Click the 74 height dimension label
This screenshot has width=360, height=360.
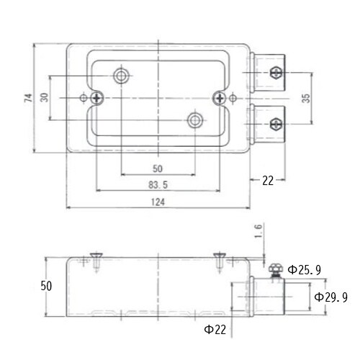click(x=28, y=98)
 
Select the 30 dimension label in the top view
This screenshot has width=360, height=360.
click(x=45, y=97)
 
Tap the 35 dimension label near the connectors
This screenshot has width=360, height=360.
click(x=306, y=99)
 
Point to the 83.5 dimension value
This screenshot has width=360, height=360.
click(x=158, y=185)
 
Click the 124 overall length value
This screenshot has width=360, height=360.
click(x=158, y=202)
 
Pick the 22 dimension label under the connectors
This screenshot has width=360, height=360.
click(x=268, y=181)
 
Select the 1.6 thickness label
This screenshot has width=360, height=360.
click(x=258, y=231)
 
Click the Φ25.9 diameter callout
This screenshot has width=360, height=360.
click(x=305, y=270)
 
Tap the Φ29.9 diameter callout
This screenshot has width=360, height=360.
click(x=331, y=297)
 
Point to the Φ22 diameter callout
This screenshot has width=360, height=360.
click(x=215, y=330)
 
